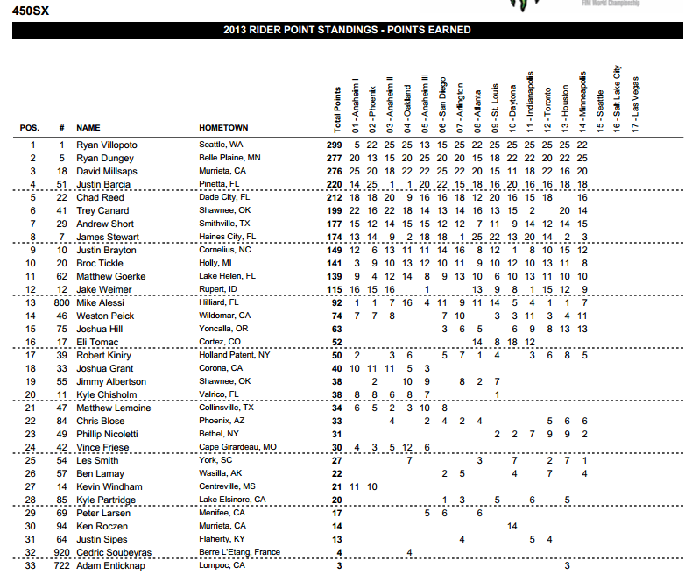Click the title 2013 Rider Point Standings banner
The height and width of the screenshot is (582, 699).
(347, 30)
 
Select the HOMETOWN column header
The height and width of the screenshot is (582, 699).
(223, 128)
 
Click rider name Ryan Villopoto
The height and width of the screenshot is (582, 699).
(106, 145)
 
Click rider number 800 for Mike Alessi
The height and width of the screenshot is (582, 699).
(62, 302)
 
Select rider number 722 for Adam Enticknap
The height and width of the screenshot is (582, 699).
(62, 565)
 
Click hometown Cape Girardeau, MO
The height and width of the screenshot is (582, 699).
(238, 447)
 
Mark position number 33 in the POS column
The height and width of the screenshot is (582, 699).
(33, 565)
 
